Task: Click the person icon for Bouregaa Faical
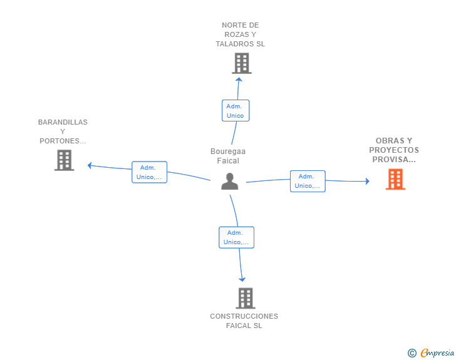coord(229,181)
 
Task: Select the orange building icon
coord(395,179)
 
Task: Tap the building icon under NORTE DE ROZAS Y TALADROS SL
coord(242,63)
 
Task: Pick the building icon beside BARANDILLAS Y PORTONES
coord(65,160)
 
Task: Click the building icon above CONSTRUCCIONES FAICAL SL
coord(246,298)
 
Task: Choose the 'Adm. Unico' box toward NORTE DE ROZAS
coord(236,110)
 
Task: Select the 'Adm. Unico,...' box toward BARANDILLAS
coord(149,172)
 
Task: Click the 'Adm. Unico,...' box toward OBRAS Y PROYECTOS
coord(308,181)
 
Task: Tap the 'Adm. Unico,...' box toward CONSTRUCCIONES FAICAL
coord(236,237)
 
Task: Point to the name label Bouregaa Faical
coord(228,156)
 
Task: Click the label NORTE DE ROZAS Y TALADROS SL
coord(241,34)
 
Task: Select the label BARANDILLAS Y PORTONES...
coord(63,131)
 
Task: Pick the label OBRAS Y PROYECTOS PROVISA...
coord(394,150)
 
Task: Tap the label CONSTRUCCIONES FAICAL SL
coord(244,321)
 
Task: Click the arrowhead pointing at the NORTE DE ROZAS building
coord(239,80)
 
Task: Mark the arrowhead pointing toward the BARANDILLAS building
coord(90,165)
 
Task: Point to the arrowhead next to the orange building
coord(368,181)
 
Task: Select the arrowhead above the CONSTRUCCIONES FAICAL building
coord(242,279)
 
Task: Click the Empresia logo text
coord(437,352)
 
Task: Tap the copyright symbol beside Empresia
coord(412,353)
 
